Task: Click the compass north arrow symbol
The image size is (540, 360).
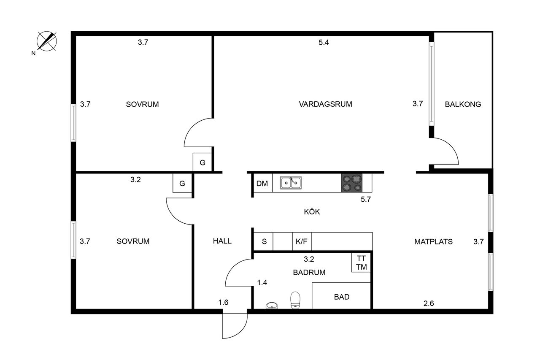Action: (47, 41)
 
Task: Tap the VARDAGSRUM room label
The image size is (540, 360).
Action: (325, 104)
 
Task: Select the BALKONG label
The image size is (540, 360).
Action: (463, 104)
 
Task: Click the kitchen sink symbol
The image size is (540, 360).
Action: (291, 183)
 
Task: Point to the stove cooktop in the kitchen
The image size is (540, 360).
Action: (352, 183)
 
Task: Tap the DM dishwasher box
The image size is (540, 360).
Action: (262, 183)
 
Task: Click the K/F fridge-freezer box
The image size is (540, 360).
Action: (302, 241)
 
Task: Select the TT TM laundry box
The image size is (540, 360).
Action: (361, 263)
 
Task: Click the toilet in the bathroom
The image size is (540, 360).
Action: (295, 300)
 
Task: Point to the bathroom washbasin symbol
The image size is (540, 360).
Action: (272, 306)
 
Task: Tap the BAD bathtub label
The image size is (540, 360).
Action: (342, 297)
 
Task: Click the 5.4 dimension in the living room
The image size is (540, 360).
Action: (324, 43)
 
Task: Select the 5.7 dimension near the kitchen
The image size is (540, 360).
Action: (366, 199)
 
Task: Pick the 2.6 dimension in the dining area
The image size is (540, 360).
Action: (429, 303)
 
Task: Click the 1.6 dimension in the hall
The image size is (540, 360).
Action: (223, 302)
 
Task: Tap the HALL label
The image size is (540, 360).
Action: (222, 241)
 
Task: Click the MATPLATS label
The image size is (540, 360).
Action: (433, 241)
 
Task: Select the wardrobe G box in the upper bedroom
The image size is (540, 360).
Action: (202, 162)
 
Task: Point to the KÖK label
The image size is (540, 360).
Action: (312, 211)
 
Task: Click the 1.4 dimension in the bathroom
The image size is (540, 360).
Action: (262, 282)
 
